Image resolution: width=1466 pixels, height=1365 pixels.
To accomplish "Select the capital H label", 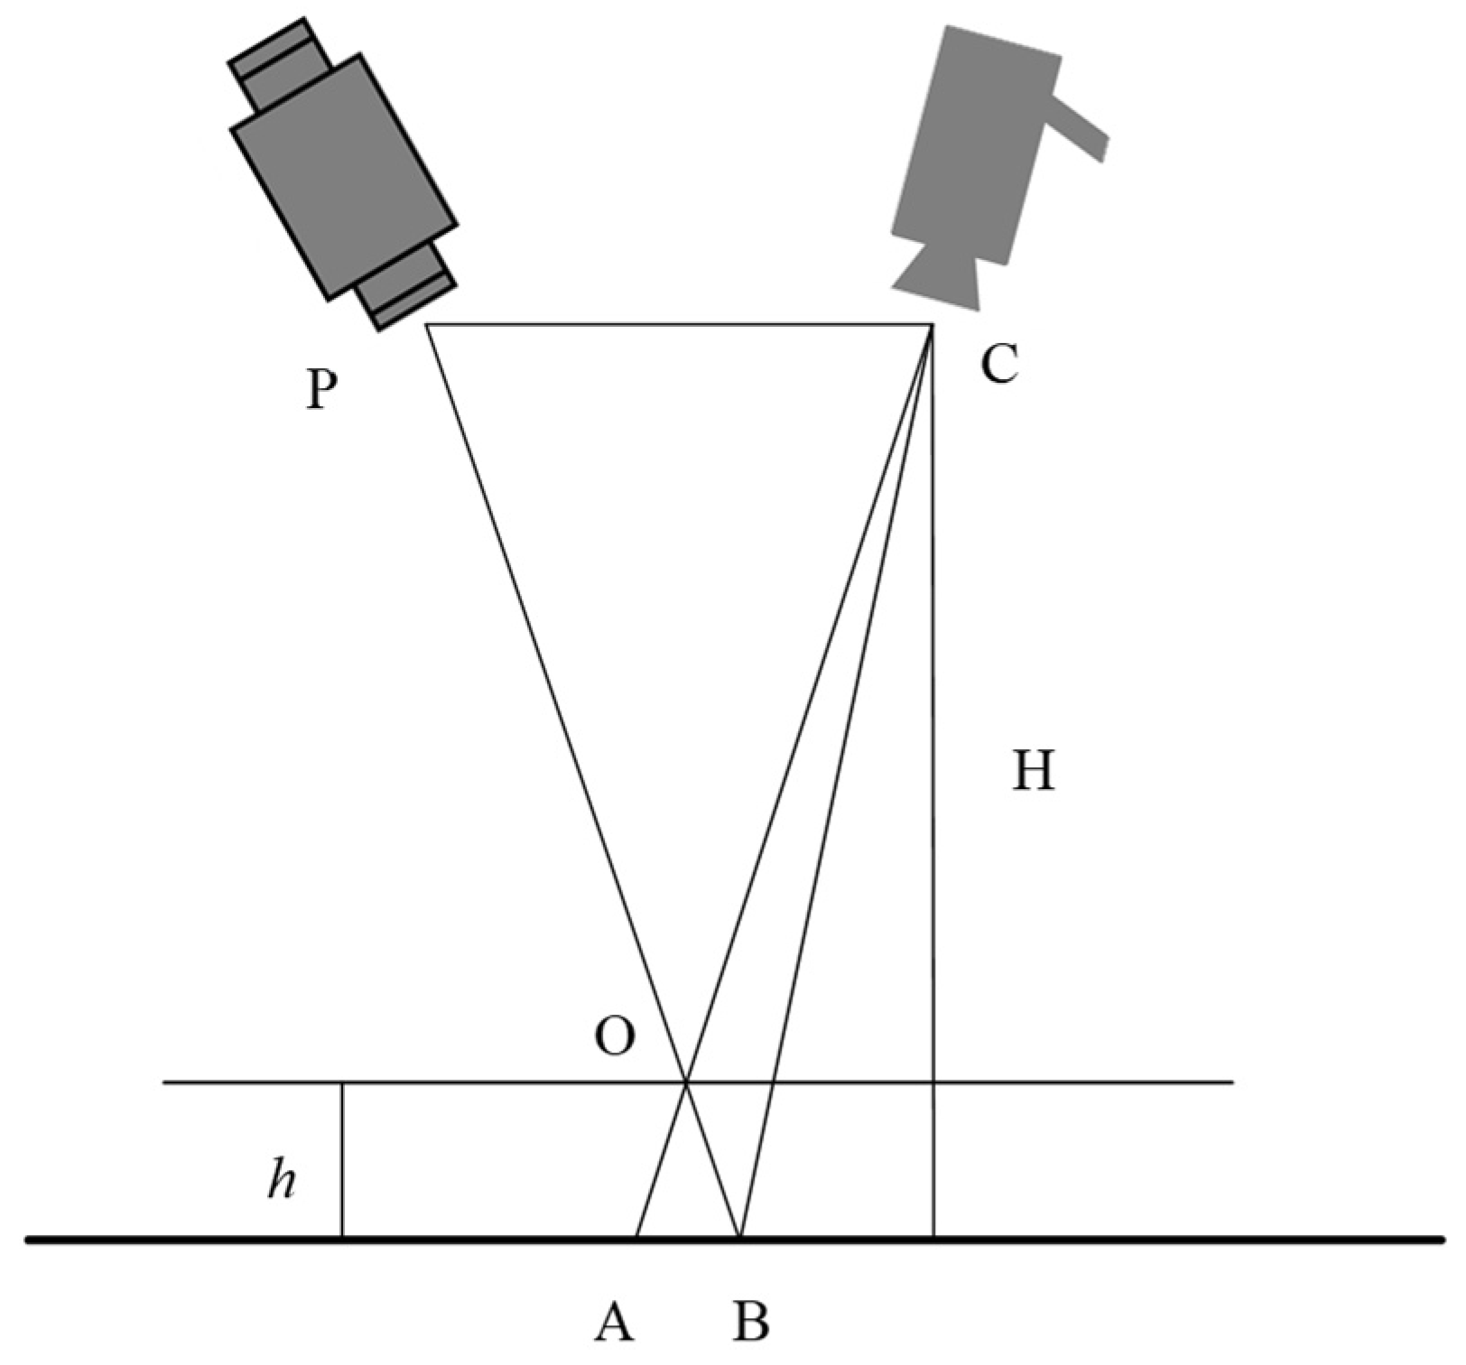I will (1033, 772).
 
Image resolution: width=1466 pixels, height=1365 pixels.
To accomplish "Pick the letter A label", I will (614, 1323).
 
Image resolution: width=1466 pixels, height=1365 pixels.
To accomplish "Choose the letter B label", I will (750, 1323).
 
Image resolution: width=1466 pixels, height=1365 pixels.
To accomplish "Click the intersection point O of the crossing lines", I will (687, 1082).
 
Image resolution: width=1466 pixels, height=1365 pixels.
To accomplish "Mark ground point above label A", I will (637, 1237).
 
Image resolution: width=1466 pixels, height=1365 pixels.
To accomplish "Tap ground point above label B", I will (740, 1237).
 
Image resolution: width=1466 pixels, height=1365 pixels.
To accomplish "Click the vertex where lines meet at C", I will (932, 324).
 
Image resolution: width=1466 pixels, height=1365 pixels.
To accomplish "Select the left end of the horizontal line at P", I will (426, 324).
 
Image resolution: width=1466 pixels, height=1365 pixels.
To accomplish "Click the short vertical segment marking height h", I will (342, 1160).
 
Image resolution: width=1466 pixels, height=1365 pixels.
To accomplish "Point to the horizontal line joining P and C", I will (677, 324).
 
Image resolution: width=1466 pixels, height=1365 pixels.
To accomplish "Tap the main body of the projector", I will (343, 176).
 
